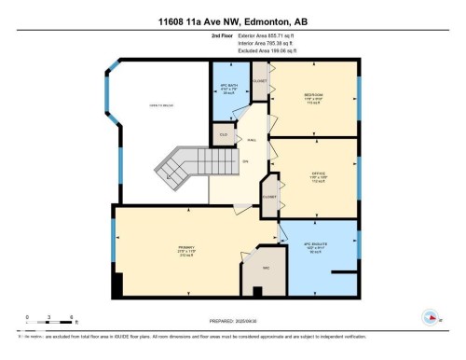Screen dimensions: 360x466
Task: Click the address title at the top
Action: tap(233, 20)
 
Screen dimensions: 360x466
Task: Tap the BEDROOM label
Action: tap(314, 96)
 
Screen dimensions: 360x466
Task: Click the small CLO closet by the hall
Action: tap(223, 135)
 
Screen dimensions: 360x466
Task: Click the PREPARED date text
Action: tap(233, 322)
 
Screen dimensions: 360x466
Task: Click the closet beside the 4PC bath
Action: tap(260, 82)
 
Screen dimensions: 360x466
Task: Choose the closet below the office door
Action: tap(269, 198)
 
